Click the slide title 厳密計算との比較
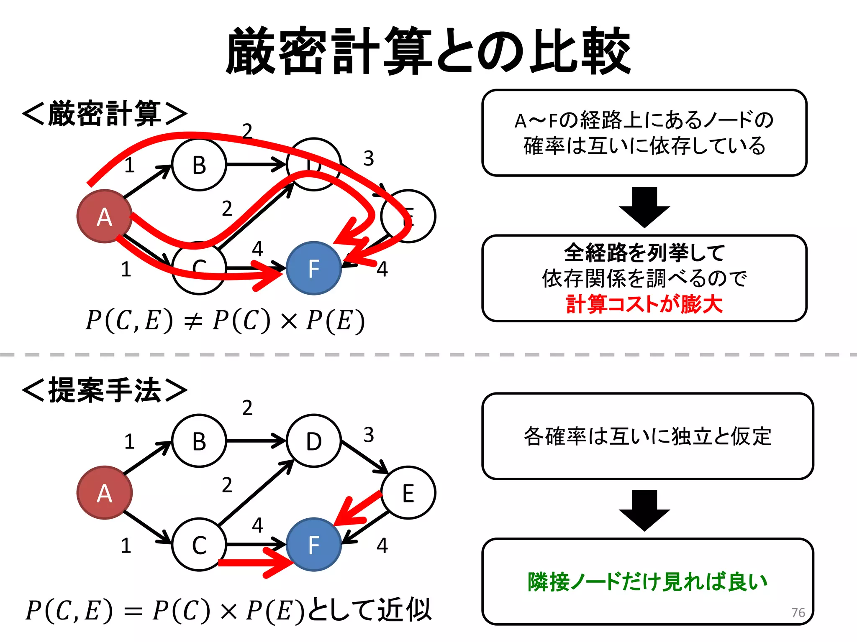(x=428, y=51)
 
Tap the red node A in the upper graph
(x=104, y=216)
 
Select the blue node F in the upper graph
(x=314, y=268)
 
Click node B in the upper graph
(x=199, y=165)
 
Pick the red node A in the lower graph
(x=104, y=493)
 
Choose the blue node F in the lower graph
(x=314, y=545)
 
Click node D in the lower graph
(x=314, y=441)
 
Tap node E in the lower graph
(x=408, y=493)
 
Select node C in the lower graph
(x=199, y=545)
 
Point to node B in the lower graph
(x=199, y=441)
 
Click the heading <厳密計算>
(x=105, y=114)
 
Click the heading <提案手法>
(x=105, y=390)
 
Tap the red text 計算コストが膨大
(x=644, y=304)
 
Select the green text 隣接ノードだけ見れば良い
(x=647, y=581)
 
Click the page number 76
(x=798, y=612)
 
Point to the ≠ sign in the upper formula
(x=193, y=321)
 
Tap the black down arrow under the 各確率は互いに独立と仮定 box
(x=644, y=510)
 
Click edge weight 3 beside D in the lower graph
(x=368, y=435)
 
